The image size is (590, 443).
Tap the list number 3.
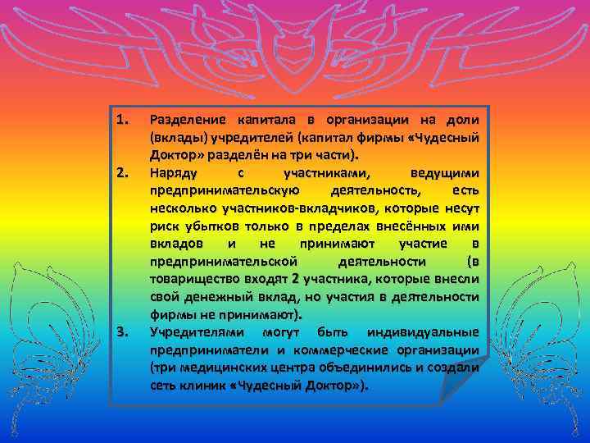(122, 331)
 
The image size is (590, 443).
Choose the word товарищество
(193, 280)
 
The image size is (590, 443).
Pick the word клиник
(203, 386)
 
